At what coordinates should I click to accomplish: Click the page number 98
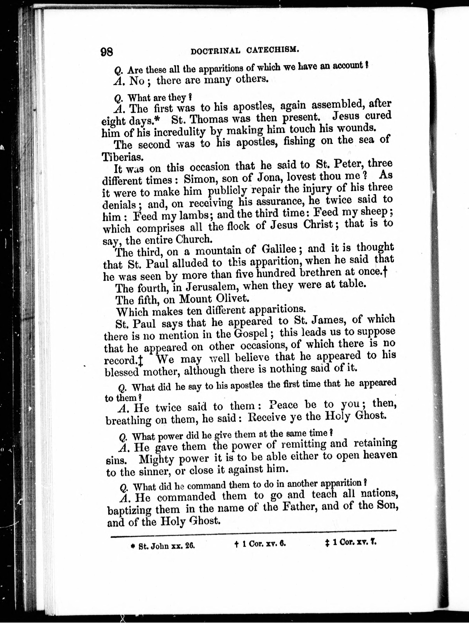click(107, 52)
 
